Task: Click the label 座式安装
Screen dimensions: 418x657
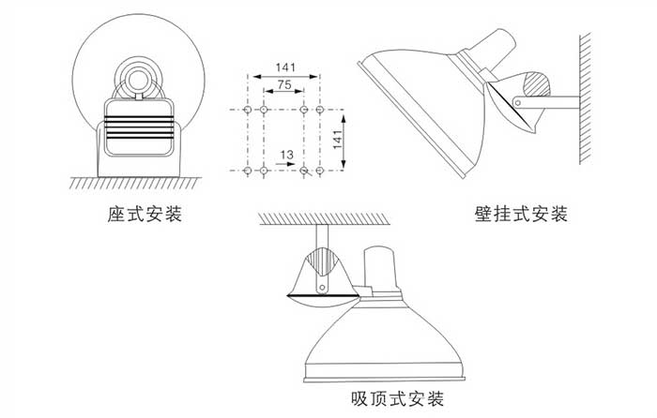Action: click(x=144, y=214)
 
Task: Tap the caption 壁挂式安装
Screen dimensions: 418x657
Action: click(x=522, y=214)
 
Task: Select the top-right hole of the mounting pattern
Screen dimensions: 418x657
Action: click(x=320, y=110)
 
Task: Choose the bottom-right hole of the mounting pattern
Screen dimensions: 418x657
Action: click(x=320, y=171)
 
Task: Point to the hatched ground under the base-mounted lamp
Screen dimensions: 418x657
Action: click(x=141, y=183)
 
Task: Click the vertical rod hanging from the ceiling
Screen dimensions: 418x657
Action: click(x=322, y=237)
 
